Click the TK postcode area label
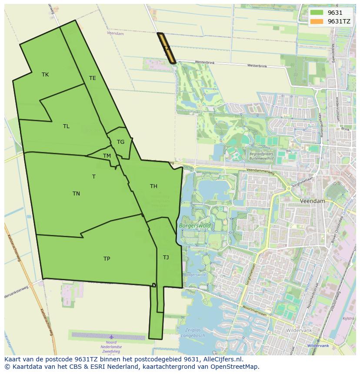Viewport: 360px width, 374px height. pos(45,75)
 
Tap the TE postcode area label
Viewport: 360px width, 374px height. pos(92,78)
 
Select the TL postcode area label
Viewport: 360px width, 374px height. pos(66,126)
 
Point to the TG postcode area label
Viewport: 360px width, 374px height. pos(120,142)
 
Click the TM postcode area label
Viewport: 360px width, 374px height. pos(107,156)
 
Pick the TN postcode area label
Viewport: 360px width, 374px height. pos(76,194)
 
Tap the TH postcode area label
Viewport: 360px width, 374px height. pos(153,186)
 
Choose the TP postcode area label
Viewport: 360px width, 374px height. pos(107,259)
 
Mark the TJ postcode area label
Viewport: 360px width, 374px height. pos(166,258)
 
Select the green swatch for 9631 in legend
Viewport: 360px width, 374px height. pos(317,13)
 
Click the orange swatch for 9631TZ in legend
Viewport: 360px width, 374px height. pos(317,21)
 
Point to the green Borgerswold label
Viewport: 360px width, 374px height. pos(194,226)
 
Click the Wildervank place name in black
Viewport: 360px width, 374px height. pos(298,330)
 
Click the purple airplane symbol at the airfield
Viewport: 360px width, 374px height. pos(111,337)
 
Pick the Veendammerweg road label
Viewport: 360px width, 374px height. pos(260,171)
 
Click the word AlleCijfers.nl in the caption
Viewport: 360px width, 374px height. pos(221,359)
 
